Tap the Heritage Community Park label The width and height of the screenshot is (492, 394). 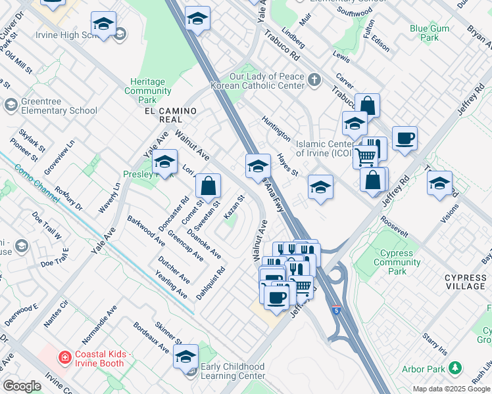[148, 91]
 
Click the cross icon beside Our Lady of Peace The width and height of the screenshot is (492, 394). [315, 80]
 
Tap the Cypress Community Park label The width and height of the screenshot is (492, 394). [397, 262]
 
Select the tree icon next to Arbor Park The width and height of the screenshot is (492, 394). [454, 368]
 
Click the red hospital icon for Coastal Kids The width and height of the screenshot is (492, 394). [65, 357]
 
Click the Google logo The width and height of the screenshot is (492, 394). [22, 386]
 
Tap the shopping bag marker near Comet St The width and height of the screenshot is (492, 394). [208, 186]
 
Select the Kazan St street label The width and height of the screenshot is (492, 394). [234, 207]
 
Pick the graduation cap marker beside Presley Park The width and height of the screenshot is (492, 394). [164, 162]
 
